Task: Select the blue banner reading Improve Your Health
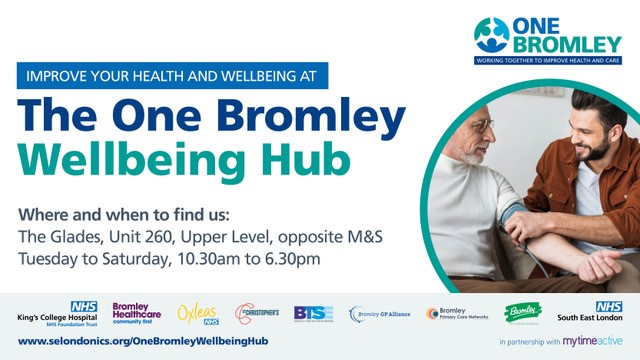[172, 76]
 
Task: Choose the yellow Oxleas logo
[197, 313]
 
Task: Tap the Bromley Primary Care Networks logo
[456, 313]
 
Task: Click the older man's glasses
[484, 125]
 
